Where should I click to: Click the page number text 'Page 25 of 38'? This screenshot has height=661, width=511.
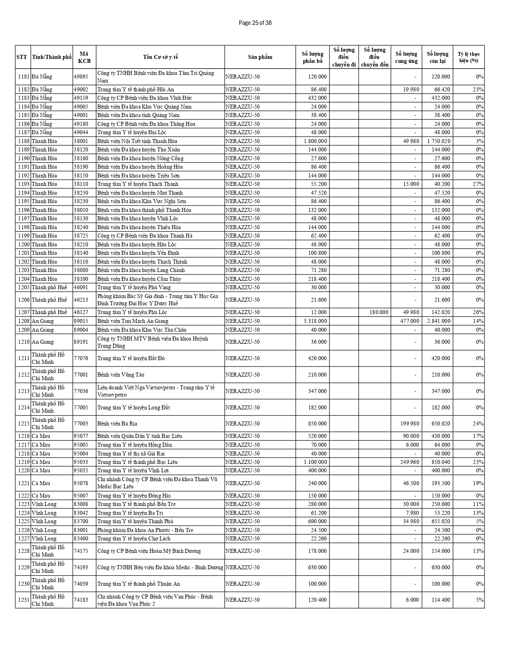click(x=255, y=23)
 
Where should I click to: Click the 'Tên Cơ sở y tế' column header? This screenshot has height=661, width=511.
click(x=160, y=57)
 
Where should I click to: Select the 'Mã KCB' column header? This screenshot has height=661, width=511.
click(x=84, y=57)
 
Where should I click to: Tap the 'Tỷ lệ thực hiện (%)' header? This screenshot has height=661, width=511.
click(x=469, y=57)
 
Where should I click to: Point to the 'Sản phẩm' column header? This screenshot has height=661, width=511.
click(x=260, y=57)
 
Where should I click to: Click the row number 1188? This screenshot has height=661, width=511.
click(x=23, y=141)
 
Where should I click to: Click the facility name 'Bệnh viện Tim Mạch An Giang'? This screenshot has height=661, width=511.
click(x=133, y=321)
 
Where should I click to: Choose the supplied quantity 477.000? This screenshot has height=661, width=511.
click(x=409, y=321)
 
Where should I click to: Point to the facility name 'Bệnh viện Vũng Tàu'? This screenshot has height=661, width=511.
click(x=121, y=375)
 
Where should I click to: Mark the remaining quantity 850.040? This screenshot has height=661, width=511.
click(x=438, y=462)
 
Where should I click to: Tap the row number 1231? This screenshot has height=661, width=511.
click(x=23, y=600)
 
